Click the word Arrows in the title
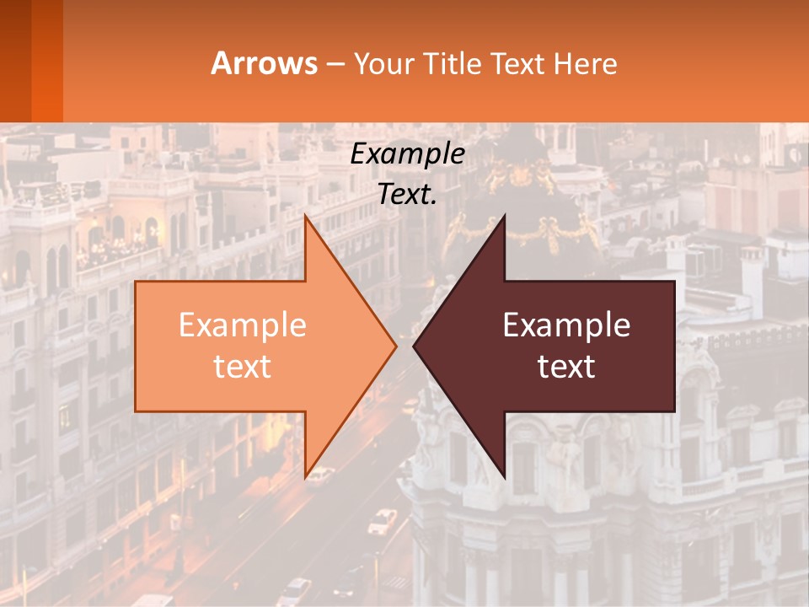click(265, 63)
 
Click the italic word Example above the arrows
click(408, 153)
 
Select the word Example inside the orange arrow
click(243, 325)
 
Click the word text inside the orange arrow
click(243, 366)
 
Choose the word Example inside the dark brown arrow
click(566, 325)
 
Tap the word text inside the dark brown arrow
click(566, 366)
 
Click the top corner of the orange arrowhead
click(306, 217)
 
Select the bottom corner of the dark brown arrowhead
click(504, 476)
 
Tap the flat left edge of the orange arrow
click(137, 346)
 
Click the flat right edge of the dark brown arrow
click(674, 346)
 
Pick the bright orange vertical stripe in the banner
click(47, 61)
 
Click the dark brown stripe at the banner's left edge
click(15, 61)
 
